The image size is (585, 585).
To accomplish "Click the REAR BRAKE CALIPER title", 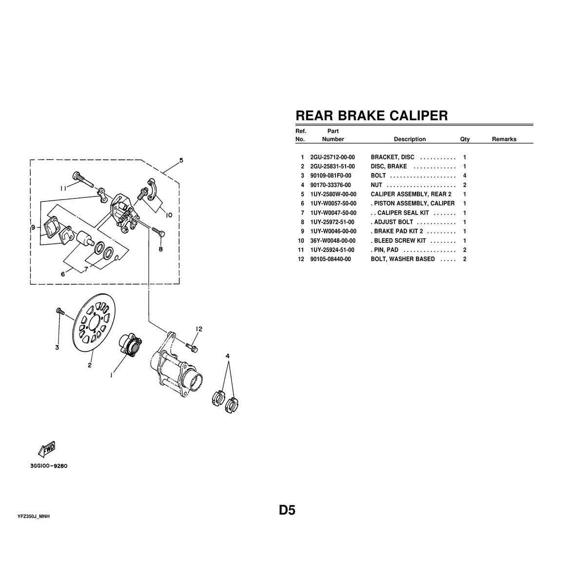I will pyautogui.click(x=371, y=116).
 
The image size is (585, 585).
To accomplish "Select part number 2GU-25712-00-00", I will pyautogui.click(x=332, y=157).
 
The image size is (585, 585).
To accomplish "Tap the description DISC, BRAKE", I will pyautogui.click(x=389, y=167).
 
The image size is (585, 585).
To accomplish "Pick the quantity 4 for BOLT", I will pyautogui.click(x=465, y=175).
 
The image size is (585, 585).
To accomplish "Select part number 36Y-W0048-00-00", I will pyautogui.click(x=332, y=241).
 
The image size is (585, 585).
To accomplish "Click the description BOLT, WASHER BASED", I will pyautogui.click(x=403, y=259).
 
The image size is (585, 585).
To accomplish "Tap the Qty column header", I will pyautogui.click(x=465, y=139).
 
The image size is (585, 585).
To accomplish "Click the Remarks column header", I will pyautogui.click(x=504, y=139).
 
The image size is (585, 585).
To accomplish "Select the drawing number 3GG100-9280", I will pyautogui.click(x=48, y=466).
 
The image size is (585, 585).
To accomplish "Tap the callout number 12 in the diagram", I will pyautogui.click(x=198, y=329).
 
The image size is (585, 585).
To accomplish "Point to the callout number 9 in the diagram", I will pyautogui.click(x=33, y=227).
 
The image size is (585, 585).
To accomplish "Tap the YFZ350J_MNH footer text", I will pyautogui.click(x=34, y=516).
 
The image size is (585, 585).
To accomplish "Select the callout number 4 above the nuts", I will pyautogui.click(x=228, y=357).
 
